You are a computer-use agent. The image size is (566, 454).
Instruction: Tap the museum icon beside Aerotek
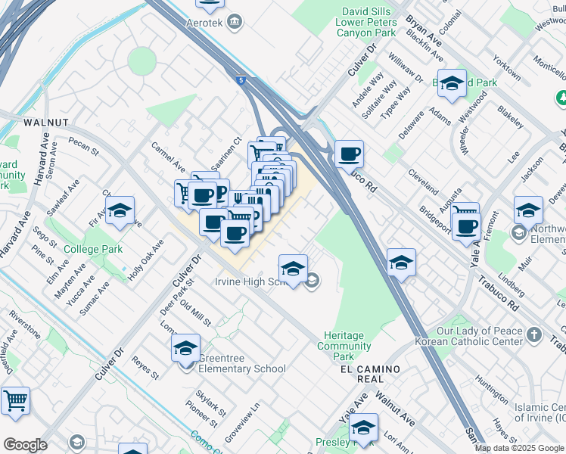235,20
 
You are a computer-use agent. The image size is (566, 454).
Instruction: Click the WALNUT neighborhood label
46,122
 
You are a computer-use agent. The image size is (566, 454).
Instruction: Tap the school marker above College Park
119,213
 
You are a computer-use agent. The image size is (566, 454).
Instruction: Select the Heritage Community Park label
344,346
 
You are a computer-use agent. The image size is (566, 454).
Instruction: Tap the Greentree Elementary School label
242,369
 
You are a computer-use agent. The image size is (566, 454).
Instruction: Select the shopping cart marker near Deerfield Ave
15,401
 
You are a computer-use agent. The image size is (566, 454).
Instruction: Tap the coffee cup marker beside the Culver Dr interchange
349,155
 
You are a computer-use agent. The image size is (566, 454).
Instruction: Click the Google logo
25,445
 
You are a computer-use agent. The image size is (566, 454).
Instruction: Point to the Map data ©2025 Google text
518,448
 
